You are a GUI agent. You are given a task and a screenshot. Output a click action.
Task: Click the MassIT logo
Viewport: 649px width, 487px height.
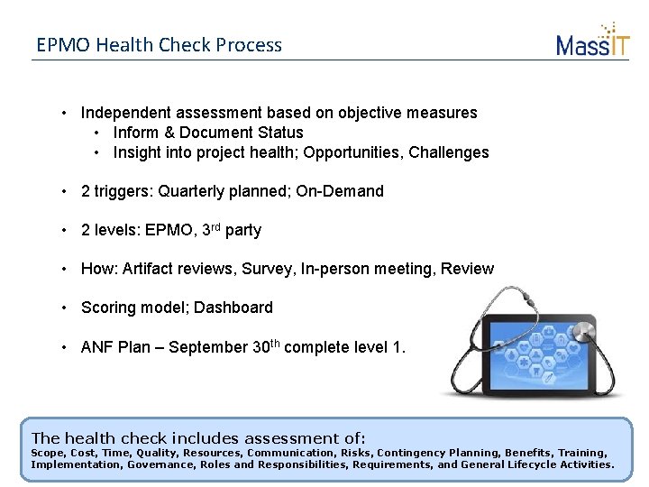coord(592,41)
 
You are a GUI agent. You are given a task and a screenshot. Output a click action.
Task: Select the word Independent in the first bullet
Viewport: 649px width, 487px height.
coord(124,114)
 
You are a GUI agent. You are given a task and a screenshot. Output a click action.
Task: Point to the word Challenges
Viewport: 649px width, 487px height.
coord(448,152)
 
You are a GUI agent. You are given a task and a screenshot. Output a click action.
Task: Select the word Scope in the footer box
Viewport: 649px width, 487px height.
coord(49,453)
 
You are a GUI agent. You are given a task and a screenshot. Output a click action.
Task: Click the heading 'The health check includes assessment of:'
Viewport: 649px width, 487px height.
coord(198,436)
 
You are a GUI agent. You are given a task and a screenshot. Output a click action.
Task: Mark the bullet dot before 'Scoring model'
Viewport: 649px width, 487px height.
coord(66,308)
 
